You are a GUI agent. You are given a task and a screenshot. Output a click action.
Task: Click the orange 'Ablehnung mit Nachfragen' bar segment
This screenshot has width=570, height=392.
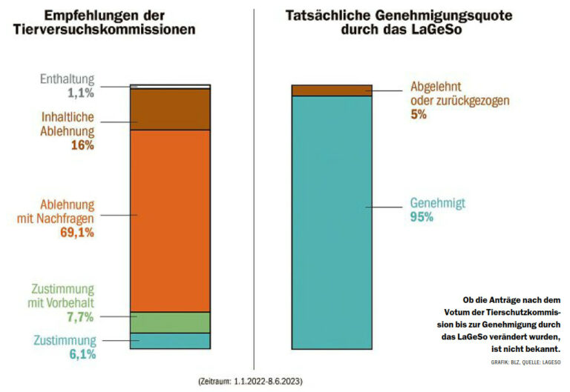pos(170,220)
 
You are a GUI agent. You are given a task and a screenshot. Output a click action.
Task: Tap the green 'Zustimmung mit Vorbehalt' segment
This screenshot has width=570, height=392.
pos(170,322)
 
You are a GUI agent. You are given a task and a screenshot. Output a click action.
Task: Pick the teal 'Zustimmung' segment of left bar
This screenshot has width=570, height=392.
pos(170,340)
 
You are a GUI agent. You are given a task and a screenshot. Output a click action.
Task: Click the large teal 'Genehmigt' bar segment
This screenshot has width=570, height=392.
pos(331,221)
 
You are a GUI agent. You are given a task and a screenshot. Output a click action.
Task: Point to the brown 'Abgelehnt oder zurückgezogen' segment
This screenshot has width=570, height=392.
pos(331,90)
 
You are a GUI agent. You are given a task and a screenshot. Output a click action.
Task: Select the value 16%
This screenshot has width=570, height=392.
pos(82,145)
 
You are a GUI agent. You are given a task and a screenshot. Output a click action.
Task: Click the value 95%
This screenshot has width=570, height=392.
pos(422,217)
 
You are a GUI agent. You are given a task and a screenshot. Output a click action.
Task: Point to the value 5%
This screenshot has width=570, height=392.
pos(418,115)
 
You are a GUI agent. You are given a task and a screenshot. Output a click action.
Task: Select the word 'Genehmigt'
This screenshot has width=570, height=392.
pos(438,202)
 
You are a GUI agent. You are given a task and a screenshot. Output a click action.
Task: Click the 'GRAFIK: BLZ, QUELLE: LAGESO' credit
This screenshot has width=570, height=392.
pos(525,361)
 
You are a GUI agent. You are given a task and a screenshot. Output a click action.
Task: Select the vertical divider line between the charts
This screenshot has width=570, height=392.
pos(253,185)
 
